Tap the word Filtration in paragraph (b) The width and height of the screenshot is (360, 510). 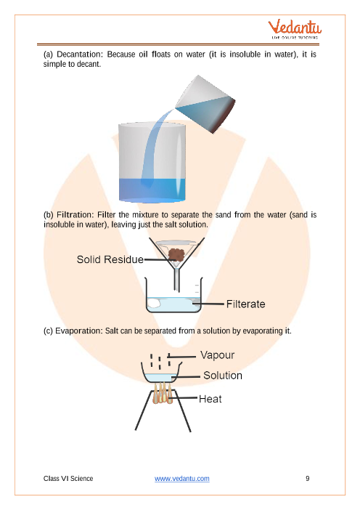[x=75, y=215]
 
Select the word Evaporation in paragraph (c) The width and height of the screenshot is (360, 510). [x=79, y=331]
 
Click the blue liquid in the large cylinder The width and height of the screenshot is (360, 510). [x=152, y=188]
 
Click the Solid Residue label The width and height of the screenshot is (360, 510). [x=110, y=259]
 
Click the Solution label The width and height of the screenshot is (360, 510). [x=222, y=376]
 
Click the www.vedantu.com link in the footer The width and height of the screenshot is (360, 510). [x=182, y=479]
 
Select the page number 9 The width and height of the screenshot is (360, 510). [x=308, y=479]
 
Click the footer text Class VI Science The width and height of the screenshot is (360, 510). [x=68, y=479]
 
